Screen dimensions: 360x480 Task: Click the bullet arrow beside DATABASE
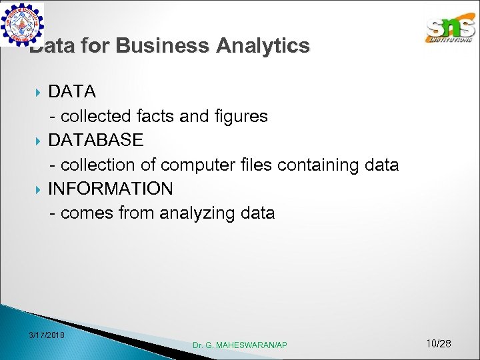point(38,141)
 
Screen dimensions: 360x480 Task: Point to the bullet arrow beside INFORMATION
point(38,189)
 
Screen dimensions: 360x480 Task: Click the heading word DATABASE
point(95,140)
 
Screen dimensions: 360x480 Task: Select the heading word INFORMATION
point(110,189)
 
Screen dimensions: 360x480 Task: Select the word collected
point(96,117)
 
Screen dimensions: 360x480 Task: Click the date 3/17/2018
point(47,335)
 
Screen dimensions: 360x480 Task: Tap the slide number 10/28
point(438,344)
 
